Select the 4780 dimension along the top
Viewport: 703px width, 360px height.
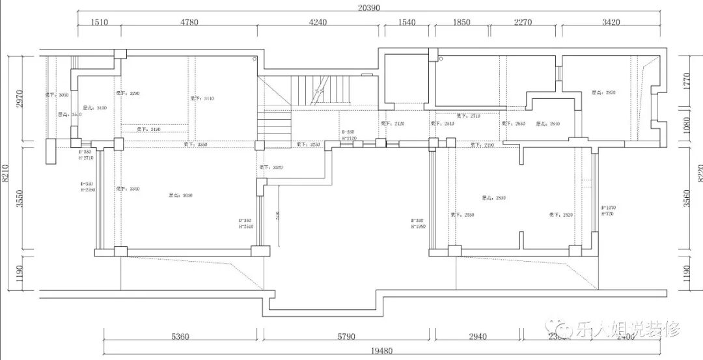(x=189, y=22)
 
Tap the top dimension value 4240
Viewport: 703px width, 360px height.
(x=318, y=22)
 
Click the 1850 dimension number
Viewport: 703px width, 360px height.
(x=461, y=22)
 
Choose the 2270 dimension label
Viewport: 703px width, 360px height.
(x=523, y=22)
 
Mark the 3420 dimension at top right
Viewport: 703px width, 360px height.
(x=611, y=22)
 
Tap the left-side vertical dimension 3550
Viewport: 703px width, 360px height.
(x=20, y=198)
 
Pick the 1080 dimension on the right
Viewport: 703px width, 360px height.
(x=685, y=124)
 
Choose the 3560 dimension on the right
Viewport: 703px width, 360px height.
(x=685, y=198)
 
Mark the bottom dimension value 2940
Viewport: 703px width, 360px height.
(x=477, y=337)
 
